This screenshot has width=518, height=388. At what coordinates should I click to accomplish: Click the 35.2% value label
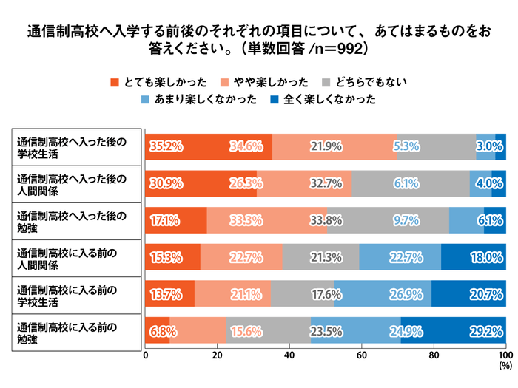pyautogui.click(x=166, y=146)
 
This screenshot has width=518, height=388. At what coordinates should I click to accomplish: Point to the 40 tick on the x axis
pyautogui.click(x=289, y=355)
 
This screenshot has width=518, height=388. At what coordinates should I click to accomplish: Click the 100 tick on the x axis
pyautogui.click(x=505, y=355)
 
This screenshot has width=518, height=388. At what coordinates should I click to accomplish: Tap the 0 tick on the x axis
pyautogui.click(x=146, y=355)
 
